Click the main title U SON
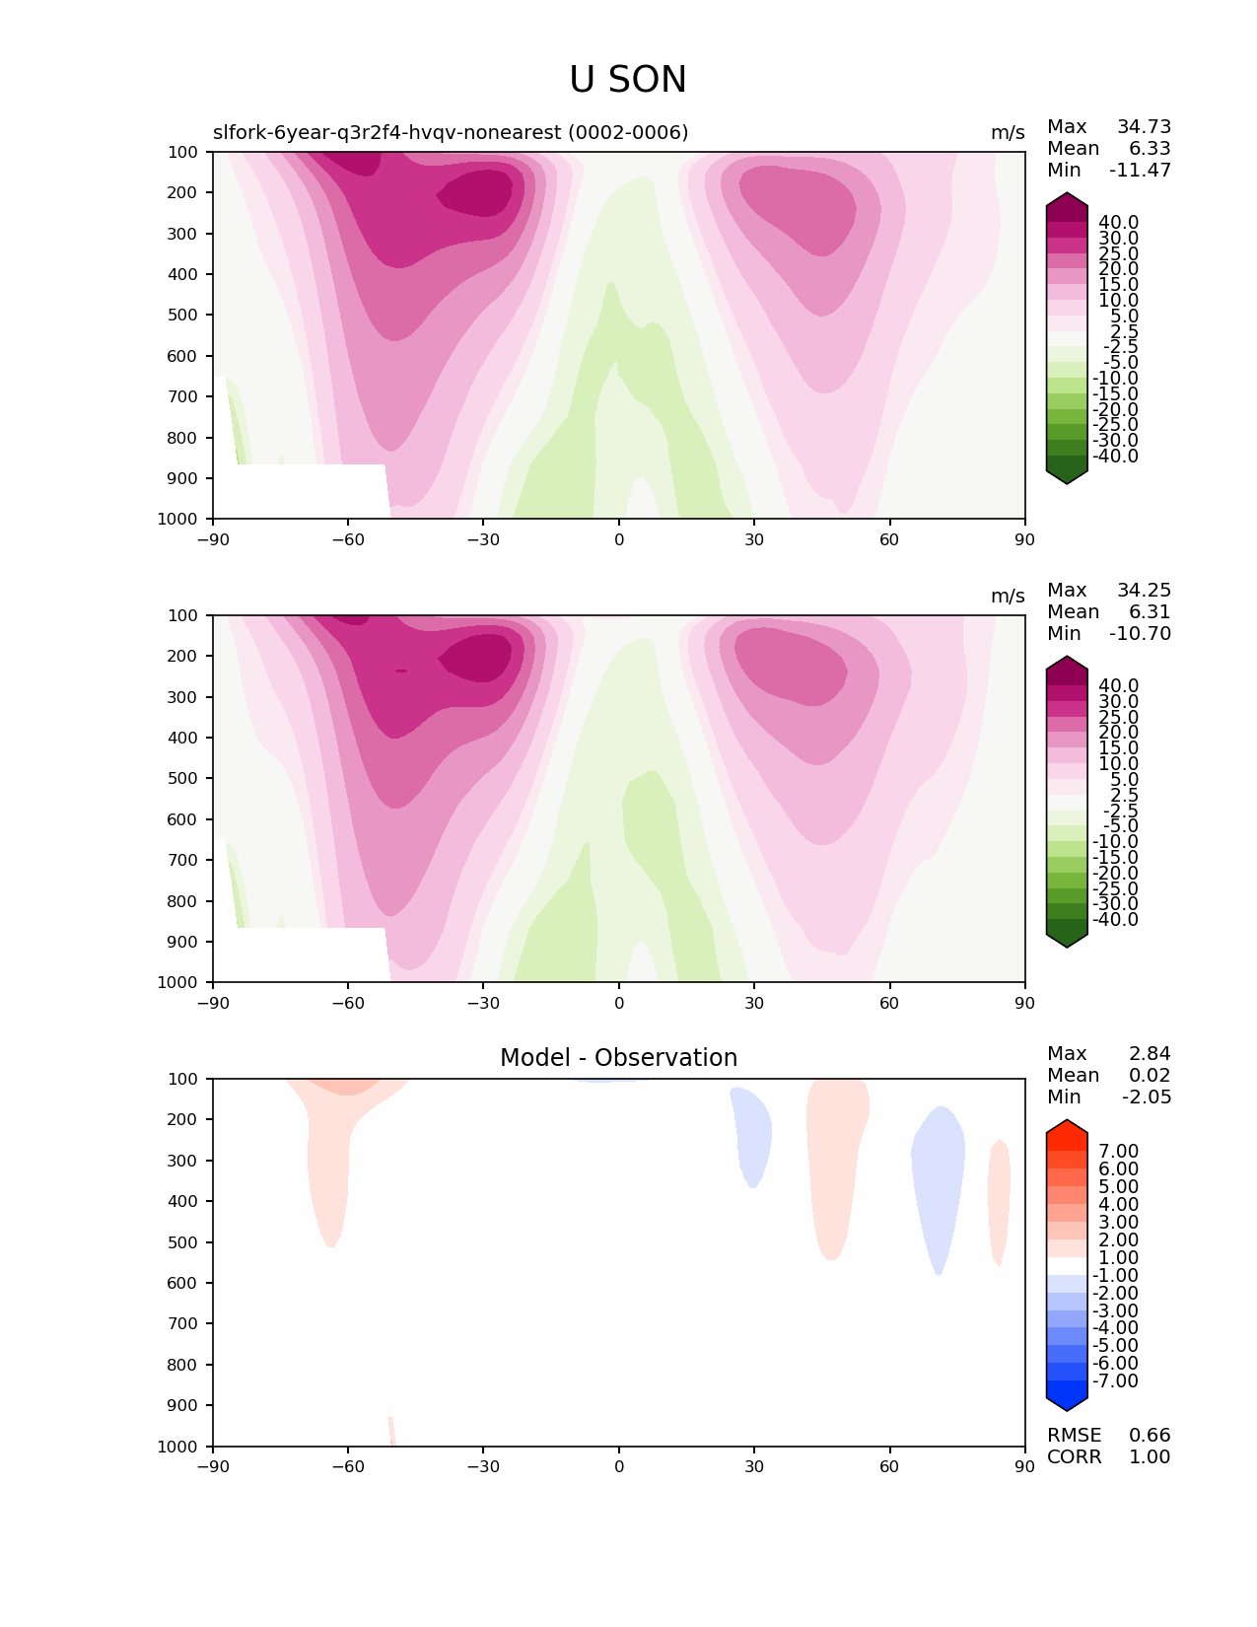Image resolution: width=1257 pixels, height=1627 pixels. tap(627, 79)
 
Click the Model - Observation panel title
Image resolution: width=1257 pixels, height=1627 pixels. tap(618, 1057)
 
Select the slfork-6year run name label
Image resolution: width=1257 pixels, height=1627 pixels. tap(450, 132)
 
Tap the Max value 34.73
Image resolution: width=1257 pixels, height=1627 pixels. tap(1144, 126)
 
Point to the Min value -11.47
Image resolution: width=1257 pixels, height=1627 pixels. tap(1140, 170)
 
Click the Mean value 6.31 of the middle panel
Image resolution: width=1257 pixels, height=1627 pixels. tap(1150, 611)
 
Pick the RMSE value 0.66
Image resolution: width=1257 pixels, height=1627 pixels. tap(1150, 1435)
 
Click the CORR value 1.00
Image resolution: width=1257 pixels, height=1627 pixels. tap(1150, 1456)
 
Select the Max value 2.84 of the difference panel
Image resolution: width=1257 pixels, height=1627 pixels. tap(1150, 1053)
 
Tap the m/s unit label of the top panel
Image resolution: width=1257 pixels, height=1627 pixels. tap(1008, 132)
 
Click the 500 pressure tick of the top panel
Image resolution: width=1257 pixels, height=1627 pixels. tap(182, 315)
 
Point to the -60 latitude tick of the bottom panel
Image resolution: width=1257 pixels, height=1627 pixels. tap(348, 1466)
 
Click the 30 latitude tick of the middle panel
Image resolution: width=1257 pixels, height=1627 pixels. tap(754, 1003)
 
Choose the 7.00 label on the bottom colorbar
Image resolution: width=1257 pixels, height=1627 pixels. tap(1118, 1151)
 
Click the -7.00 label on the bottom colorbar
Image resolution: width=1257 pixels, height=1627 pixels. tap(1115, 1380)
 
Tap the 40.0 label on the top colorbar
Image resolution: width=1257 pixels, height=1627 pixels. tap(1118, 223)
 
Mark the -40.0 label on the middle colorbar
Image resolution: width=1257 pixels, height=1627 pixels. tap(1115, 919)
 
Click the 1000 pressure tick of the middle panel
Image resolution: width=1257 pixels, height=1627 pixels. tap(177, 982)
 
